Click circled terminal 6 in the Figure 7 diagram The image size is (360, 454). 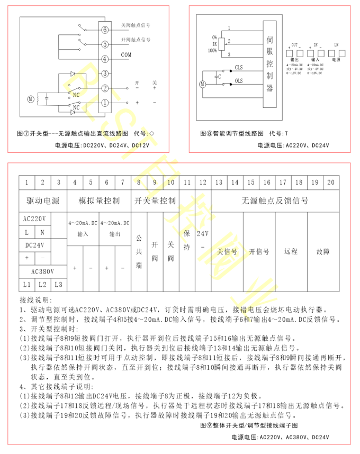point(105,30)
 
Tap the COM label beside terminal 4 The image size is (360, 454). point(126,55)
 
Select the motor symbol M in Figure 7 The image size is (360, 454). point(31,98)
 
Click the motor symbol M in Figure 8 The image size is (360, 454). point(202,84)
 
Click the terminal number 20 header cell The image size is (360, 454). point(331,183)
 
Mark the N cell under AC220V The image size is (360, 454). point(43,232)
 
